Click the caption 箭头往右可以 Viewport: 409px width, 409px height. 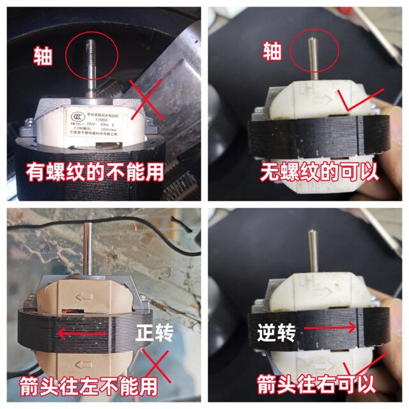click(x=311, y=385)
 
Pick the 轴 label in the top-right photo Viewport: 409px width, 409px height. click(x=271, y=50)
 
